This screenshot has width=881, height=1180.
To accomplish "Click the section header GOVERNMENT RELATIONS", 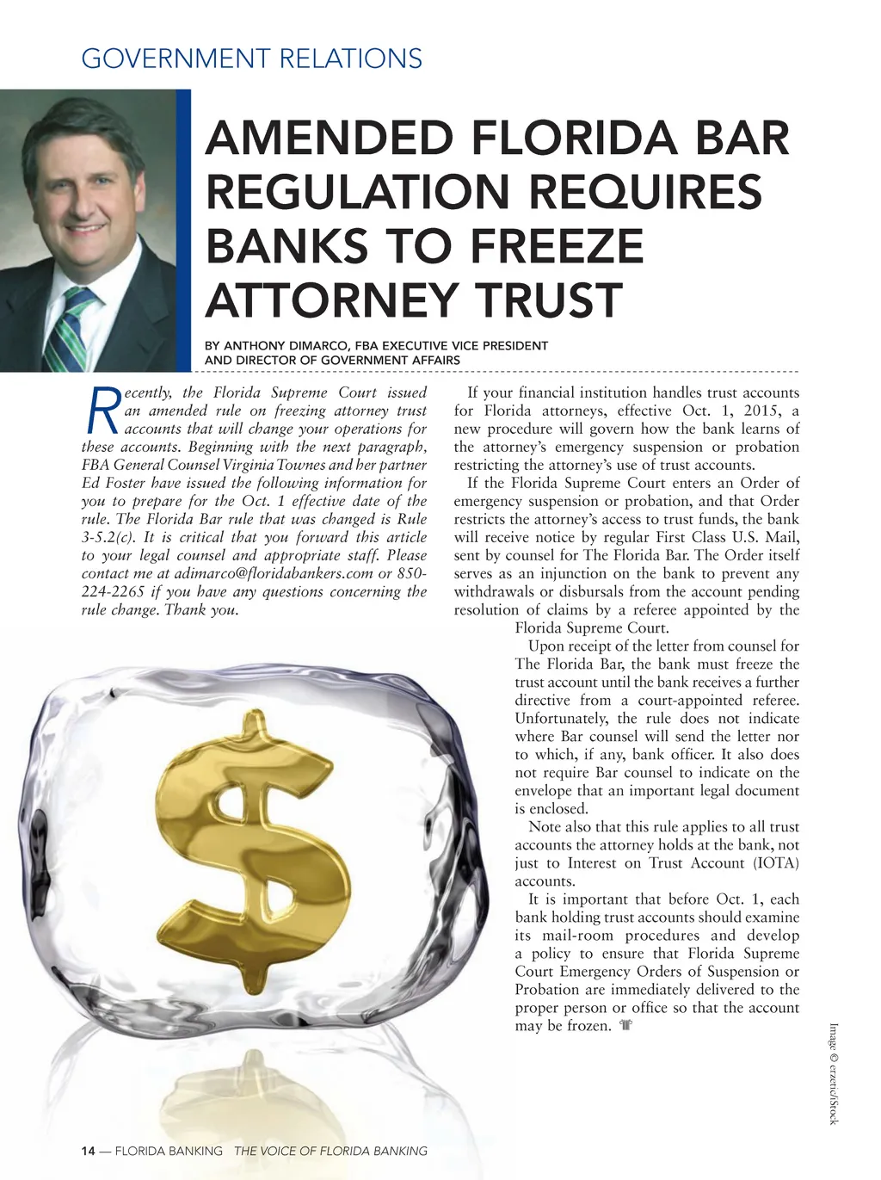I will click(251, 59).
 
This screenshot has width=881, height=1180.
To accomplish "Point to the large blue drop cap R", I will click(102, 411).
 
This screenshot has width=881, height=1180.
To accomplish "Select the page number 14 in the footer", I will click(88, 1151).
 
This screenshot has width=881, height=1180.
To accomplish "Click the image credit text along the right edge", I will click(833, 1072).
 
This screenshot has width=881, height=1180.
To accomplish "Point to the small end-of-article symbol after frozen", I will click(625, 1026).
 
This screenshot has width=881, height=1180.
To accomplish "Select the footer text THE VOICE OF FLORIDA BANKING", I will click(330, 1151).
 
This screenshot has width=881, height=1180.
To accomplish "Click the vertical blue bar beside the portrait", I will click(183, 230).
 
